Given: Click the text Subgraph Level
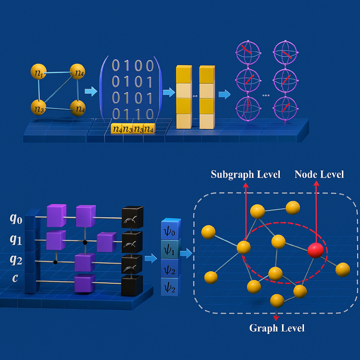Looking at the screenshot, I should pos(246,174).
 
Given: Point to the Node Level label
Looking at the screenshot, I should pos(319,174).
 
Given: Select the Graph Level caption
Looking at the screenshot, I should pos(277,328).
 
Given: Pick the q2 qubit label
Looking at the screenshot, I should pos(16,261).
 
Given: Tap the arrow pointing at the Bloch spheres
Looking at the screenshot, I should pos(225,95).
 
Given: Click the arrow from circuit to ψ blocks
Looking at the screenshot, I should pos(151,257).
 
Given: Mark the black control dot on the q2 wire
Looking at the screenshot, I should pos(55,262).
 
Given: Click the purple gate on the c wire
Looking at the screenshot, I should pos(84,283).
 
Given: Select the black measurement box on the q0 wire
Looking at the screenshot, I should pos(132,217).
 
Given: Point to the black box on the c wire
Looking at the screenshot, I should pos(132,285).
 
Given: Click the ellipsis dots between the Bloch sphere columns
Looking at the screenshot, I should pos(266,95).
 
